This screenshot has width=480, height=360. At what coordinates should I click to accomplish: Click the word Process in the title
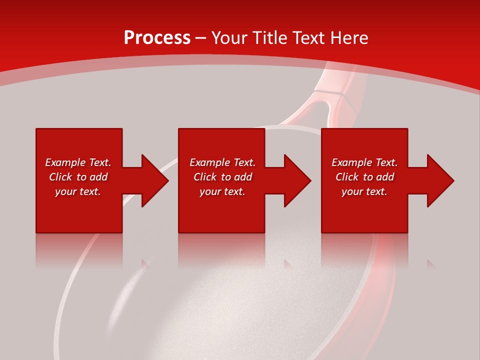[x=157, y=38]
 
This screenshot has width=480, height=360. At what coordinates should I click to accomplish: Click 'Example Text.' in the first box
[x=78, y=162]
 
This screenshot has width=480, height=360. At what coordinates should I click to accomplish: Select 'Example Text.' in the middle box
[x=222, y=162]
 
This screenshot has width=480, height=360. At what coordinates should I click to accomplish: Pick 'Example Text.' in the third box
[x=364, y=162]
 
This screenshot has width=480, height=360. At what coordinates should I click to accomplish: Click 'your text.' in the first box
[x=78, y=191]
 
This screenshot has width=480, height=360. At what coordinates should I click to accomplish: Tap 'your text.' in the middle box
[x=222, y=191]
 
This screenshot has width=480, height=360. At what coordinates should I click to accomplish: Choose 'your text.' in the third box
[x=364, y=191]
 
